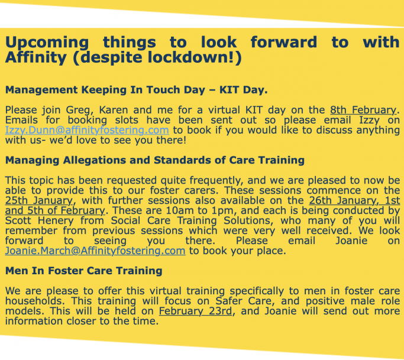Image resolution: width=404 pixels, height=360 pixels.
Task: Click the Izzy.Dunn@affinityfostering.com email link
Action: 87,130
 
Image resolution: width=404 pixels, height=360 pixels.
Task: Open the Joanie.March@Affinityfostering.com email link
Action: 95,251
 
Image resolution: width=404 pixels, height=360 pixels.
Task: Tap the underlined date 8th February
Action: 363,110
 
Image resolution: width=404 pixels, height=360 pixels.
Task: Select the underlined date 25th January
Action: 39,201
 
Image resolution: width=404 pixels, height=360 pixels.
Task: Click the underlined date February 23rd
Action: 196,311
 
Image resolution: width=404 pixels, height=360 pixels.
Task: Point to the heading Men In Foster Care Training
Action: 84,271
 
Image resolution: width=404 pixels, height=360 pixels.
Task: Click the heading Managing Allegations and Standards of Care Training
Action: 155,160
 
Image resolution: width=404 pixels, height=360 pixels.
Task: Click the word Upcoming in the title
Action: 47,43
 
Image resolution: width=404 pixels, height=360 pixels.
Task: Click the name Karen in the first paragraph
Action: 114,110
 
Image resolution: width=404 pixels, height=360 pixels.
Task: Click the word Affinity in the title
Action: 36,57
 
